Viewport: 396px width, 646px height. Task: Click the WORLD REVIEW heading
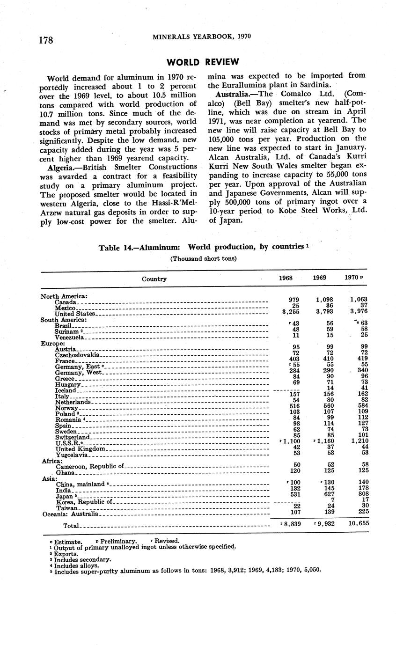click(x=203, y=62)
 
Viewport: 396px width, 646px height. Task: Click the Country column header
click(x=154, y=279)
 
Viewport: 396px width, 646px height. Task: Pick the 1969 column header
click(x=320, y=278)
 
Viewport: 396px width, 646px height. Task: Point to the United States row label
click(x=75, y=314)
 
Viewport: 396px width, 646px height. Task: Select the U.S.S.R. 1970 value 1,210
click(x=359, y=441)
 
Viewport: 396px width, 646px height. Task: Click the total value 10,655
click(x=359, y=523)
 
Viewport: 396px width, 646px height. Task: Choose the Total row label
click(x=72, y=526)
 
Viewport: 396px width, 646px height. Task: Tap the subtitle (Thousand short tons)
click(x=203, y=258)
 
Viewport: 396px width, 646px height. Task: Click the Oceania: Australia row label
click(x=70, y=514)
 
